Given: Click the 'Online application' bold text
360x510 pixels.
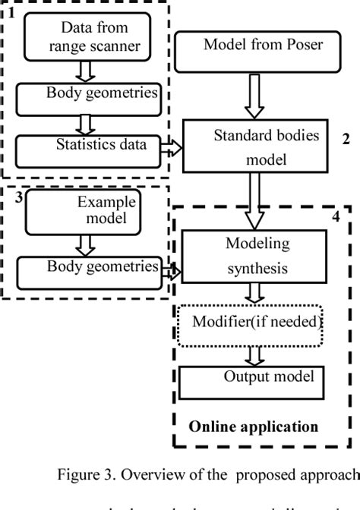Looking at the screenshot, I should (x=264, y=426).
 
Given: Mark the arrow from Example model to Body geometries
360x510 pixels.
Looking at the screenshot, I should (x=86, y=242).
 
